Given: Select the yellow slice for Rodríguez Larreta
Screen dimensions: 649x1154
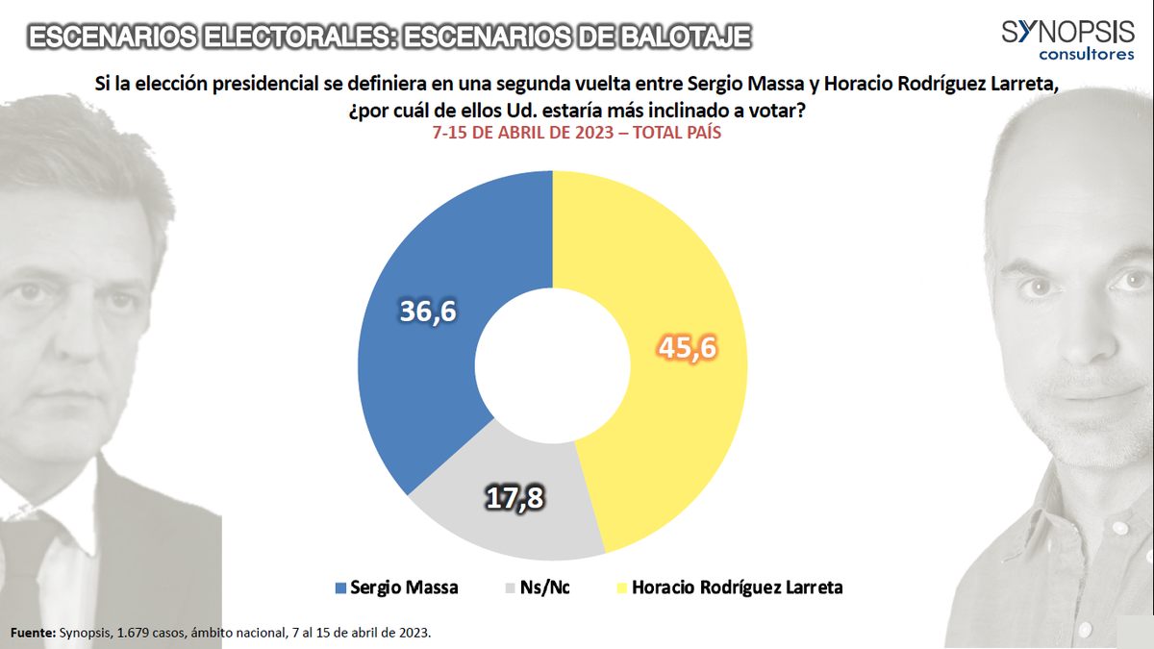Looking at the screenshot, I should click(x=673, y=288).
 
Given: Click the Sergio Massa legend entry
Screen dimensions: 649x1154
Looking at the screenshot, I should click(x=396, y=587).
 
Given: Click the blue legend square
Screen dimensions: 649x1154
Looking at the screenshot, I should click(x=339, y=587).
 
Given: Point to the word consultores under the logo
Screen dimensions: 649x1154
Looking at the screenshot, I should click(x=1087, y=55).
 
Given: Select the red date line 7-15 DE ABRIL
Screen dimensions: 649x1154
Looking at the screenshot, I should click(x=577, y=134).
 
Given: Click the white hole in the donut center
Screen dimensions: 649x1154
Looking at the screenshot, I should click(x=552, y=366).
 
